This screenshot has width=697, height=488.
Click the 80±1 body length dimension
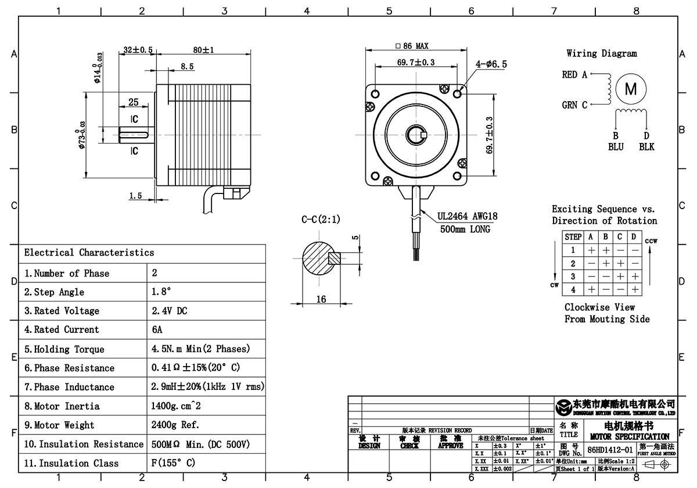point(204,51)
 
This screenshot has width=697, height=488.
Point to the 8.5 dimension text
point(186,67)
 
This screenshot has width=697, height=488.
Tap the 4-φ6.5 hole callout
point(490,65)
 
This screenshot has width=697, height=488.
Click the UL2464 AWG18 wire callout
point(468,217)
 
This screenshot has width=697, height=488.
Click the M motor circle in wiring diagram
point(630,89)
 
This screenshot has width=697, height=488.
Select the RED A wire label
point(574,75)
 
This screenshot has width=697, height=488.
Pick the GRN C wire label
point(574,105)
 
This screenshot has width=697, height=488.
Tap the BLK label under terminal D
point(646,147)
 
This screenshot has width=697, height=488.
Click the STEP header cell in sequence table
point(573,237)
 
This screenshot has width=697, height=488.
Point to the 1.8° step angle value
point(161,292)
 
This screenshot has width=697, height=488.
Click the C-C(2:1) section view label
point(321,220)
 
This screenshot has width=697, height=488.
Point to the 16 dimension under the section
point(321,299)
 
